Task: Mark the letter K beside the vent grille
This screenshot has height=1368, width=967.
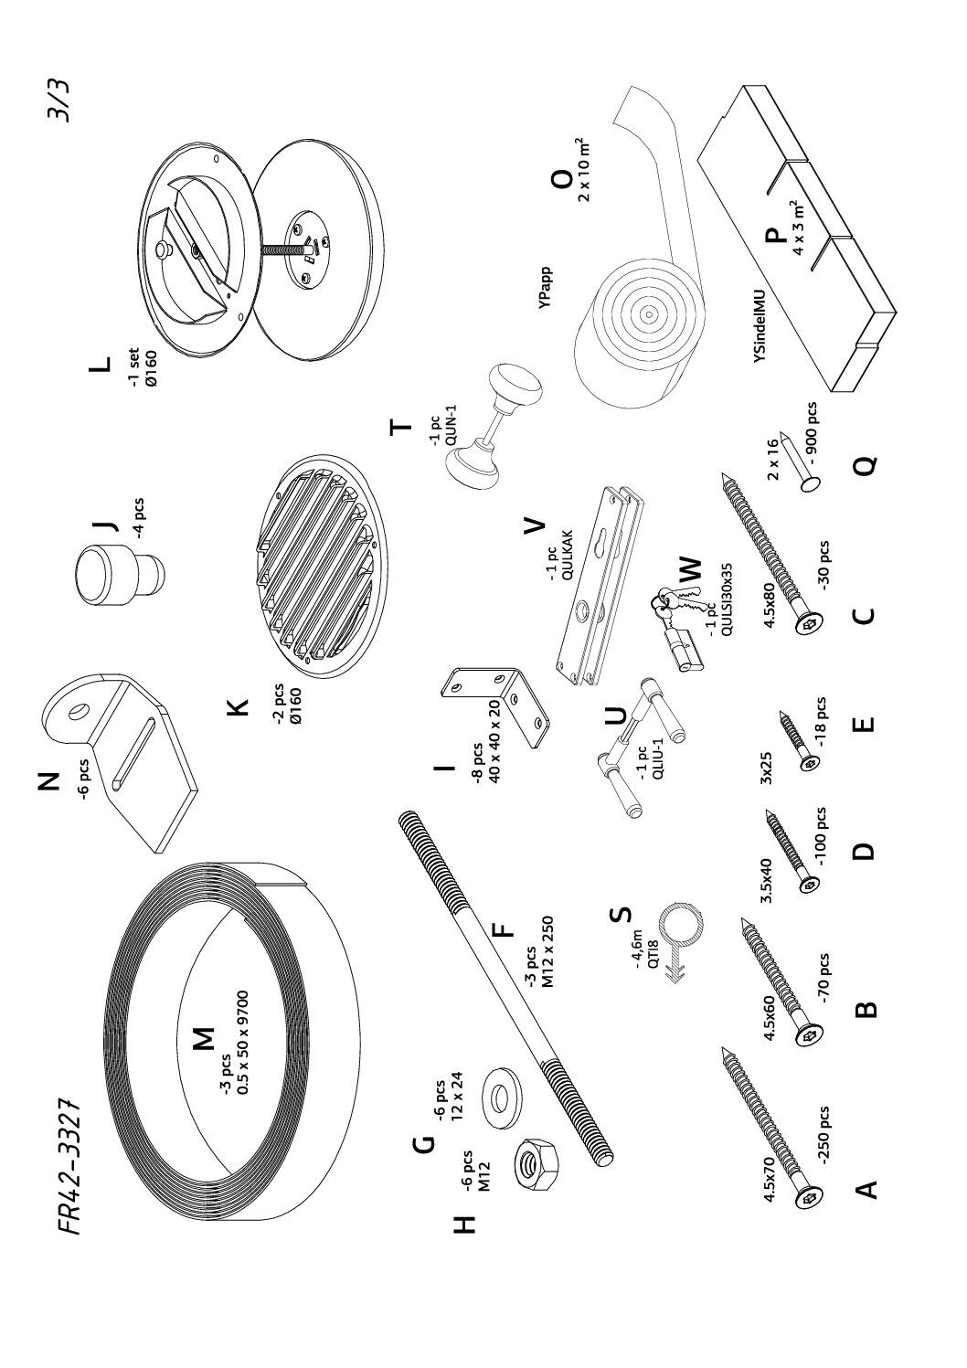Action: [x=236, y=705]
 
